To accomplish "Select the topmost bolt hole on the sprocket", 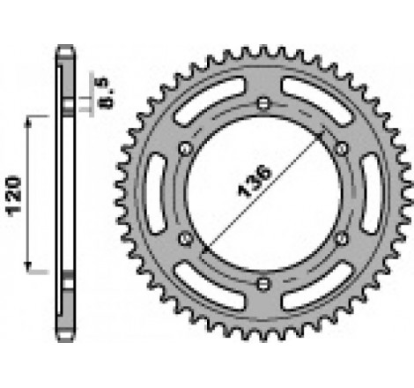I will (262, 104).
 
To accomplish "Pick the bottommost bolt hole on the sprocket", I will (262, 283).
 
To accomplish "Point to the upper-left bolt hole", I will (184, 148).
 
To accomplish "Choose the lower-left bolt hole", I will (184, 239).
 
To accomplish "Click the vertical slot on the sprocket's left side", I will (153, 193).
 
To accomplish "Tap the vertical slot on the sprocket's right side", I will (371, 193).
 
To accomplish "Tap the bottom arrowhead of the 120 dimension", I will (33, 270).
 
